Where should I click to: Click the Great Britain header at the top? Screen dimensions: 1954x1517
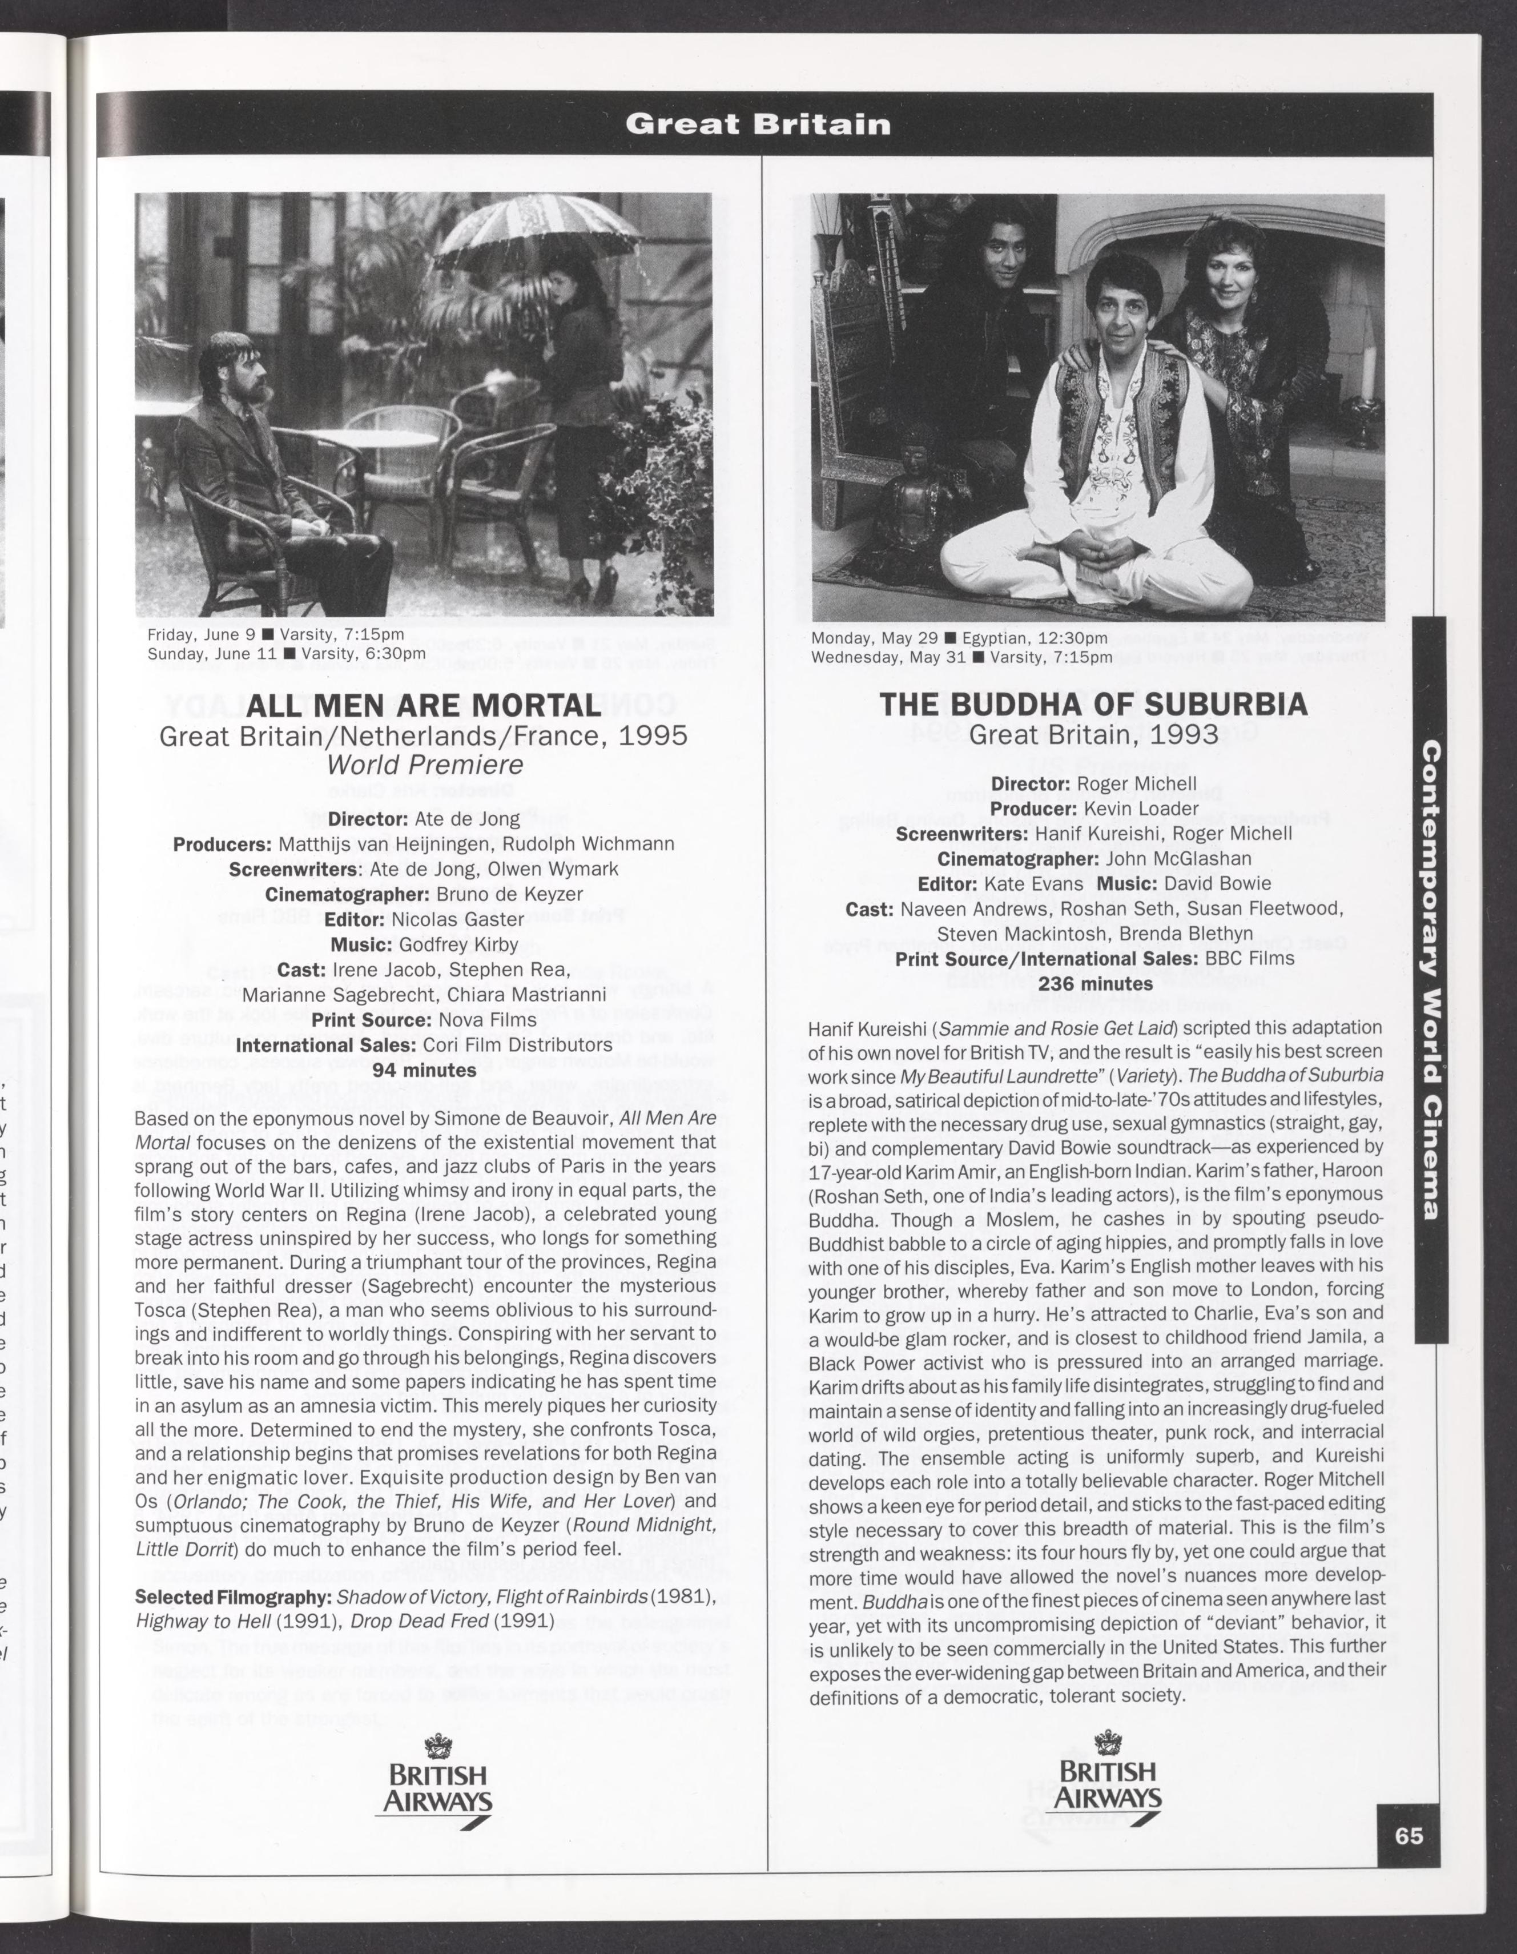[758, 123]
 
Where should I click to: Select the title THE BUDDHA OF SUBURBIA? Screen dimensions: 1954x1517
[1093, 704]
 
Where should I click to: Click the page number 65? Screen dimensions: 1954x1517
[1408, 1835]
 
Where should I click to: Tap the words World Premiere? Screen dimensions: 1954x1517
[424, 765]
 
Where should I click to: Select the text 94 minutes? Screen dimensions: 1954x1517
[424, 1070]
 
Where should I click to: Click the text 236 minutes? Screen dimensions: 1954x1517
[1095, 983]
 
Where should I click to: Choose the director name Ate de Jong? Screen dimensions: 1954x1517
[467, 819]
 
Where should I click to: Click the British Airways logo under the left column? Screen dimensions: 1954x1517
[437, 1780]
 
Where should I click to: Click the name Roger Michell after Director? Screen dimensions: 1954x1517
[1136, 783]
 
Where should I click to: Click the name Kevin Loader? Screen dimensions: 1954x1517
[1140, 808]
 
